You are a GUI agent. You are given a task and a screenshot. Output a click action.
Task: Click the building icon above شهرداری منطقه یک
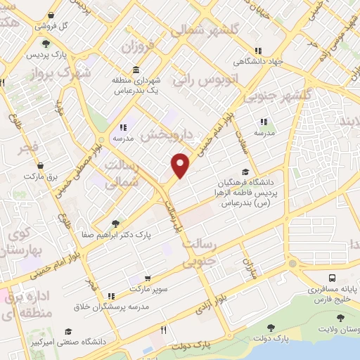[x=135, y=71]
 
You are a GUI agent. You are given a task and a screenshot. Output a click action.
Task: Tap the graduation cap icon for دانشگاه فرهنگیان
[x=245, y=171]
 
